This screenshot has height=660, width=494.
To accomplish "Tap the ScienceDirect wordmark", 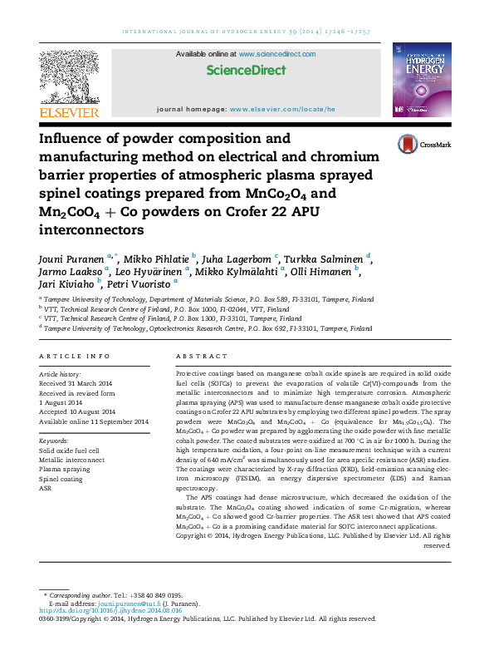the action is pyautogui.click(x=246, y=71).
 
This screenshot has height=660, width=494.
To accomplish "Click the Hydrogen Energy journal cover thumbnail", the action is pyautogui.click(x=423, y=80).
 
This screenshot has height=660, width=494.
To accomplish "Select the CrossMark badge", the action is pyautogui.click(x=423, y=144).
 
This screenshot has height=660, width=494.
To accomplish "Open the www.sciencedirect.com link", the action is pyautogui.click(x=277, y=54).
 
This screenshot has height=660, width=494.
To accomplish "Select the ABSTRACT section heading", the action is pyautogui.click(x=201, y=356).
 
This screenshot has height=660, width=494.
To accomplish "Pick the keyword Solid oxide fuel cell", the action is pyautogui.click(x=70, y=451).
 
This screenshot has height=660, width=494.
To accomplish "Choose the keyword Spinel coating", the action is pyautogui.click(x=61, y=479).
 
